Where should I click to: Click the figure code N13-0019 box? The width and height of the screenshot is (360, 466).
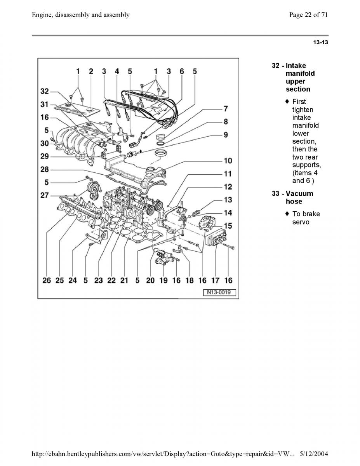219,292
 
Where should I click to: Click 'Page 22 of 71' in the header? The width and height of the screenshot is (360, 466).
309,15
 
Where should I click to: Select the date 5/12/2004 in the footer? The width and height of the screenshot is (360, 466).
314,453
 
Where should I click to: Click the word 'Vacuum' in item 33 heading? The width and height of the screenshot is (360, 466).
299,193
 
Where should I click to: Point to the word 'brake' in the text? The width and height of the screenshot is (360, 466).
311,214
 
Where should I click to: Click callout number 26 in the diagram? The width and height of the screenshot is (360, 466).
47,280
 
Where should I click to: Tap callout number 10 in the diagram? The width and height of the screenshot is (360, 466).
228,160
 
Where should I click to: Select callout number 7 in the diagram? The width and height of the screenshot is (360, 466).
225,109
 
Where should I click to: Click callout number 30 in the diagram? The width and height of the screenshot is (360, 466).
45,143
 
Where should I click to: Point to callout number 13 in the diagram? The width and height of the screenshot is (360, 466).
228,200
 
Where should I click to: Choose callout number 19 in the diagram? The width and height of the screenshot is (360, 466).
163,280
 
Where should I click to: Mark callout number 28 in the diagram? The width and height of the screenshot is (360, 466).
45,169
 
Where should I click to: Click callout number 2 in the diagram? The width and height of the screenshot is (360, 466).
91,71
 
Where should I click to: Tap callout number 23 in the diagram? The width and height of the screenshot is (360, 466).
99,280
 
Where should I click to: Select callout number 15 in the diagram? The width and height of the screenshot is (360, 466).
228,225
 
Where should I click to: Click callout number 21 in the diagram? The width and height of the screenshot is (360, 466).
124,280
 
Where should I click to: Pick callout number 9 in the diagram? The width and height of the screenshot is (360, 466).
225,135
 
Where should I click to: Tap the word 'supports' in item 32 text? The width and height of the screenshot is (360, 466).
306,165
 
